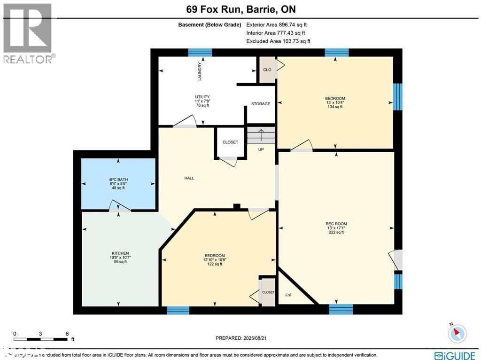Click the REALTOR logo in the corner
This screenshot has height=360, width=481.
pos(28,33)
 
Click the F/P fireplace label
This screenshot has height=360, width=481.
pos(288,295)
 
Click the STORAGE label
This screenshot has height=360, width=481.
pos(261,104)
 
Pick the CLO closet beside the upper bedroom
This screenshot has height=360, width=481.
pos(267,70)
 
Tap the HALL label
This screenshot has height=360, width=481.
pos(189,178)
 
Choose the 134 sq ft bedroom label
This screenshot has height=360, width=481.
pos(335,102)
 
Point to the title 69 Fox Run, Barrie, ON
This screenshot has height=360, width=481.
pos(240,9)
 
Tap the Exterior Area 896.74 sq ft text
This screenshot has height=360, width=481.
pos(277,25)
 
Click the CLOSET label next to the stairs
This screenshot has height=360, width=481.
pos(230,142)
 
